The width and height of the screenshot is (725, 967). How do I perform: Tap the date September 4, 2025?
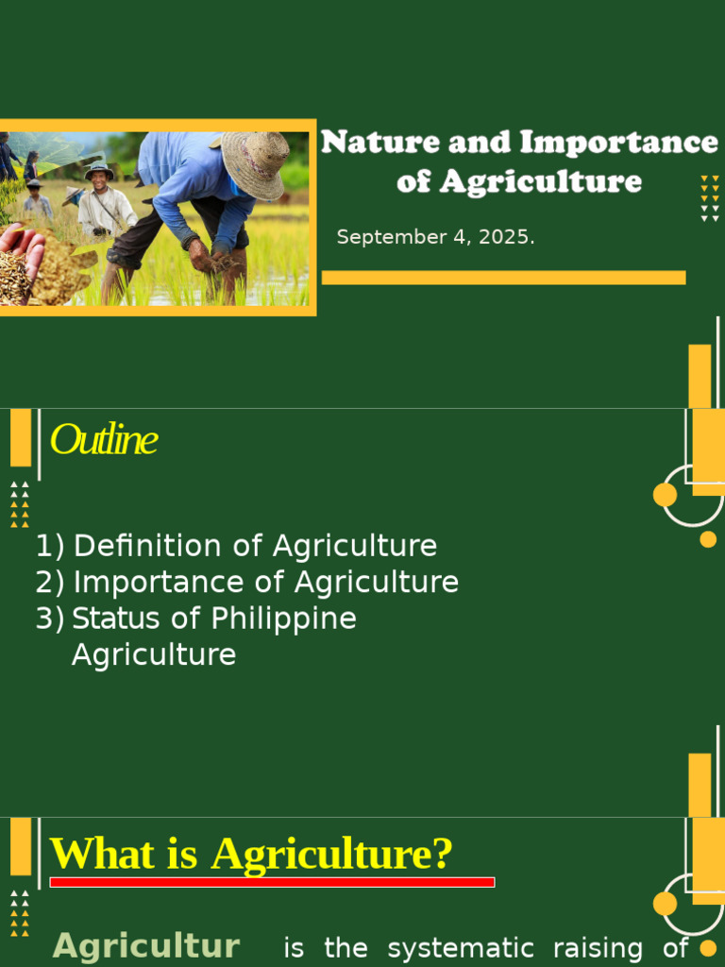coord(435,237)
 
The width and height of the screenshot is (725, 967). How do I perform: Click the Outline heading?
coord(103,440)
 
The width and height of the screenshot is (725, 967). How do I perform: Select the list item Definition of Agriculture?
coord(255,546)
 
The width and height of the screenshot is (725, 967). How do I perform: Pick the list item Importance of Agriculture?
coord(265,582)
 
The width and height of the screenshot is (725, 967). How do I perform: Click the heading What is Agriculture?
coord(251,854)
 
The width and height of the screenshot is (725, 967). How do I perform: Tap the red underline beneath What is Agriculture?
coord(272,882)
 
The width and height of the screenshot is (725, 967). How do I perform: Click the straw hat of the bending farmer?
coord(255,162)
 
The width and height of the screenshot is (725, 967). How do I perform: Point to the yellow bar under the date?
coord(503,278)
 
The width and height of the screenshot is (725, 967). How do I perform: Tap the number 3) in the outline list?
coord(50,619)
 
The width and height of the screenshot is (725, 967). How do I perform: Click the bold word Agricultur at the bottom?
coord(146,946)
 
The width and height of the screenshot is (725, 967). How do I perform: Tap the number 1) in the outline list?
coord(50,546)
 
